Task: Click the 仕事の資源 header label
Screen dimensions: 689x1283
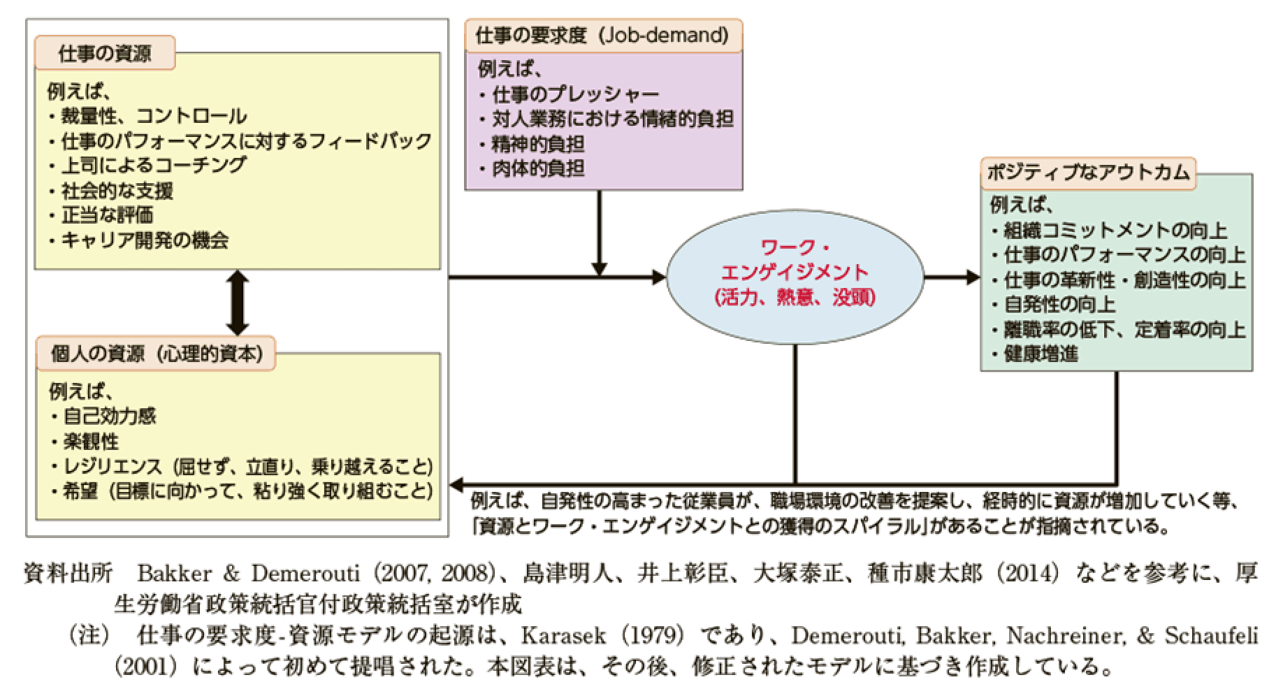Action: (104, 54)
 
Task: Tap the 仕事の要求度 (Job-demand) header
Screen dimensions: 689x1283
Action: (602, 36)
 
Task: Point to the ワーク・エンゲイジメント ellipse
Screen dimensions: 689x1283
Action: (795, 277)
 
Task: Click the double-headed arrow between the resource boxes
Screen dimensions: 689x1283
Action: (238, 304)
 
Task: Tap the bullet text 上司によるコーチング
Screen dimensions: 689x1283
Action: (154, 166)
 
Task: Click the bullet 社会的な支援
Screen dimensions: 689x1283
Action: (117, 191)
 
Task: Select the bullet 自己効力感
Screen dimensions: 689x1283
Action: (110, 416)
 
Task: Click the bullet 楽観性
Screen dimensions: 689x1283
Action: (91, 442)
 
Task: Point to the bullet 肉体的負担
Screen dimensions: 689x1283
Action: (538, 168)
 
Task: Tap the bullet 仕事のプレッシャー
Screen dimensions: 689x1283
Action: (575, 94)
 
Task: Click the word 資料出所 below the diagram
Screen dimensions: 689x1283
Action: (68, 574)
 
